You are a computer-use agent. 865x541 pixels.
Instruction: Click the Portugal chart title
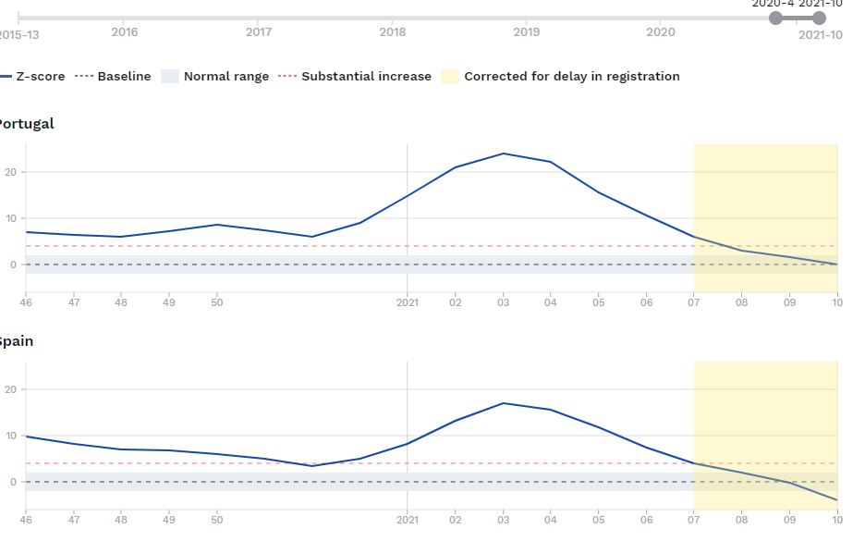[26, 124]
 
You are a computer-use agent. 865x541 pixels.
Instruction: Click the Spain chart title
[17, 341]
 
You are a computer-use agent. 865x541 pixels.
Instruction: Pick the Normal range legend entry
[225, 77]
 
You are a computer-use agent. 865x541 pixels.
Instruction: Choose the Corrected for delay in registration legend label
[571, 77]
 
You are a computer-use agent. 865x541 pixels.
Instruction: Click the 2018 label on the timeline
[393, 32]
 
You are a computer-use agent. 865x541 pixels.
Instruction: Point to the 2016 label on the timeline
[125, 32]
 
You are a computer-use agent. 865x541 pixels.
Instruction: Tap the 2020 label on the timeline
[661, 32]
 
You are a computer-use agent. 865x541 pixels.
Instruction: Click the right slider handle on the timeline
[819, 18]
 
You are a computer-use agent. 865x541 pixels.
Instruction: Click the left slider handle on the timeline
[775, 18]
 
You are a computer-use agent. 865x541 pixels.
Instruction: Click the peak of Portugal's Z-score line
[503, 154]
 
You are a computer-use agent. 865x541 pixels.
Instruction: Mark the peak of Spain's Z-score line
[503, 403]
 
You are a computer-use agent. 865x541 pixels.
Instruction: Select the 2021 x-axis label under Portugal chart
[408, 301]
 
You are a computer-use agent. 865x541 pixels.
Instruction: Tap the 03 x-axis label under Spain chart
[503, 519]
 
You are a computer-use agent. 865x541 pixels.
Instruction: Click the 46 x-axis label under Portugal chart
[26, 301]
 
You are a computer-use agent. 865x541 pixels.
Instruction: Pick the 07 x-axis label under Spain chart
[694, 519]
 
